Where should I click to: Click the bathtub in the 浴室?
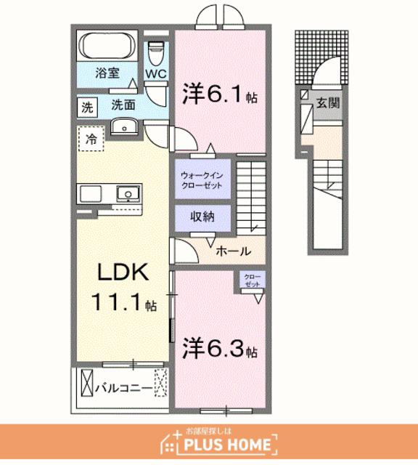tap(107, 46)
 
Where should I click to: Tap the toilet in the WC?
tap(156, 53)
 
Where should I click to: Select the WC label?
tap(156, 74)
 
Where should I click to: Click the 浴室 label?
tap(107, 73)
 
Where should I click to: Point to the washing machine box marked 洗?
tap(87, 107)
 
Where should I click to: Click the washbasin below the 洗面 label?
tap(124, 126)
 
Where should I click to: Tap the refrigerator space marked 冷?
tap(91, 139)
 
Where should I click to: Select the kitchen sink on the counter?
tap(128, 194)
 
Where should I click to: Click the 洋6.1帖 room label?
tap(220, 94)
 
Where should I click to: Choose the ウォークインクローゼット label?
tap(202, 180)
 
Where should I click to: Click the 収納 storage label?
tap(202, 217)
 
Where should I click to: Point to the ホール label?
tap(234, 251)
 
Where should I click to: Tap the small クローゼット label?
tap(253, 280)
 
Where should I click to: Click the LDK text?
tap(123, 272)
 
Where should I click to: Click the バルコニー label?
tap(124, 388)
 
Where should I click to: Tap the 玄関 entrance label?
tap(328, 103)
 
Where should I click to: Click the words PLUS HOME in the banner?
tap(227, 444)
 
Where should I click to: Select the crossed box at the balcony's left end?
tap(87, 382)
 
